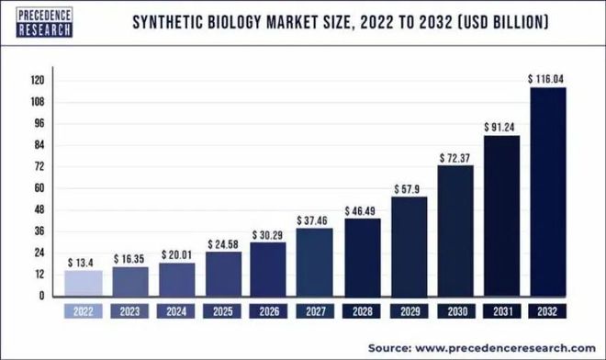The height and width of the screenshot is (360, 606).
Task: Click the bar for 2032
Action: tap(547, 192)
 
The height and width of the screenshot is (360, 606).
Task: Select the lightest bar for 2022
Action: tap(84, 283)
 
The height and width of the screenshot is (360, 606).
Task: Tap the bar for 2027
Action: tap(315, 263)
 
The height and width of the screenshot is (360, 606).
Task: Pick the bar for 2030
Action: tap(454, 231)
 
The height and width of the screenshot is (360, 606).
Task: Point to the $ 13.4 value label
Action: tap(84, 264)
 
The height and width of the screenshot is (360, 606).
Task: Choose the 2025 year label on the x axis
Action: tap(222, 311)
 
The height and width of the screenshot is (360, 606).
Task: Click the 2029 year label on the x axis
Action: tap(409, 311)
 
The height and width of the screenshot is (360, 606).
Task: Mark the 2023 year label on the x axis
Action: tap(129, 311)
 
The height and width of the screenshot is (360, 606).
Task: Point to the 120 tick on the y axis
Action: tap(39, 81)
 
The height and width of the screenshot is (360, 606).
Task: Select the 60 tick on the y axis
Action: tap(39, 188)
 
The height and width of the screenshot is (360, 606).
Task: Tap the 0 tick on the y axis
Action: tap(41, 296)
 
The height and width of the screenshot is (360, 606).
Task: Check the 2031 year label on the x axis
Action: tap(501, 311)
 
